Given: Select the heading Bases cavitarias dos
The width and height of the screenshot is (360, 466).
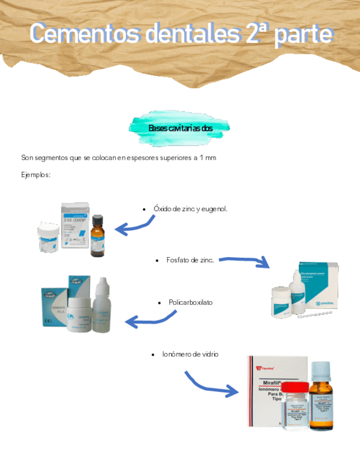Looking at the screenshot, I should pyautogui.click(x=180, y=128).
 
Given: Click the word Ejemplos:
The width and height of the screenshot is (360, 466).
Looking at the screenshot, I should pyautogui.click(x=36, y=175).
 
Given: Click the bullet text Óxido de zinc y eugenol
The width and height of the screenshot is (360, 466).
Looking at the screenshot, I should pyautogui.click(x=190, y=209).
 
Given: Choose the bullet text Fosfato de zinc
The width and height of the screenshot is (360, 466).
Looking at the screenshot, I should pyautogui.click(x=190, y=259).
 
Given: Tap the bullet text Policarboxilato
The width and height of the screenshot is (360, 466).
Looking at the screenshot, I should pyautogui.click(x=190, y=303).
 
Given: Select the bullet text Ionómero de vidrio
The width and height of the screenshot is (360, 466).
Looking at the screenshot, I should pyautogui.click(x=190, y=354).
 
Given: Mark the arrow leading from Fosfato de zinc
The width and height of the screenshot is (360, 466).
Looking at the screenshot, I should pyautogui.click(x=245, y=262).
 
